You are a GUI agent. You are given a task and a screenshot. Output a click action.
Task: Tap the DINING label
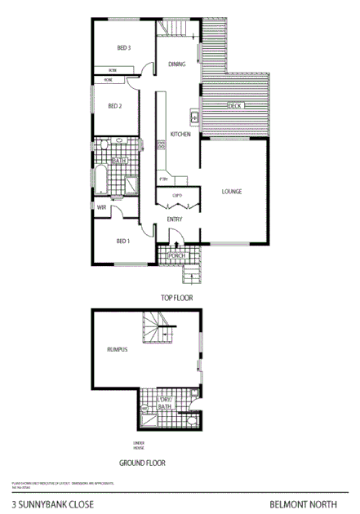[x=176, y=64]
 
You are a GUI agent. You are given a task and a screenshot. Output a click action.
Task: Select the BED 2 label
[x=114, y=106]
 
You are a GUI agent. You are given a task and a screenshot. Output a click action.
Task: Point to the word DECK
[x=235, y=106]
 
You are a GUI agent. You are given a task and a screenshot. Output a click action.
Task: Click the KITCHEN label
[x=180, y=134]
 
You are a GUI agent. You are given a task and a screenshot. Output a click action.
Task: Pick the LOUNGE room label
[x=233, y=192]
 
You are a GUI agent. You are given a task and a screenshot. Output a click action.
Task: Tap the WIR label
[x=101, y=208]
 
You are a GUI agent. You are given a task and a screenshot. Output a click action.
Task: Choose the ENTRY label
[x=175, y=219]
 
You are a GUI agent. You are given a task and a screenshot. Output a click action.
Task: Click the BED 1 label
[x=123, y=241]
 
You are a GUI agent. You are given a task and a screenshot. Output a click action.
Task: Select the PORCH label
[x=176, y=256]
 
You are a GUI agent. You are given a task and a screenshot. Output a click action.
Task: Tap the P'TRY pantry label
[x=163, y=179]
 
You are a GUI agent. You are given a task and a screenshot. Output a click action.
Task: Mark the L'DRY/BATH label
[x=164, y=401]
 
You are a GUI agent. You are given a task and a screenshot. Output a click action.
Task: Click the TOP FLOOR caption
[x=176, y=299]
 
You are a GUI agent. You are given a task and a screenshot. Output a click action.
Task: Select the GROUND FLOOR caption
[x=142, y=463]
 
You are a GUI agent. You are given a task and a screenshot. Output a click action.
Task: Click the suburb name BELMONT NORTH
[x=310, y=505]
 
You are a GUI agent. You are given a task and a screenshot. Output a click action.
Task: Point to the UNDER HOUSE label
[x=139, y=446]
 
